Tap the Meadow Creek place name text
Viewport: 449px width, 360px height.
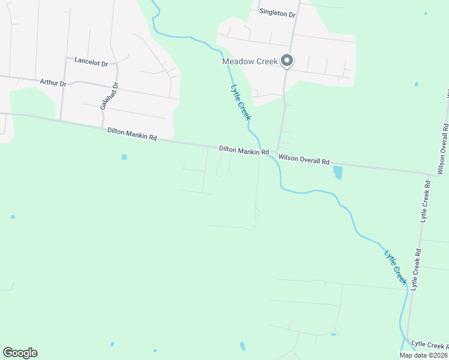(250, 61)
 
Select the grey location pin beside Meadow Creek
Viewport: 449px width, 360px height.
(287, 61)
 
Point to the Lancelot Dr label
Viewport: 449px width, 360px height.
(91, 61)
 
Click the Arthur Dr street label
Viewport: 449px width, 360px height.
(53, 82)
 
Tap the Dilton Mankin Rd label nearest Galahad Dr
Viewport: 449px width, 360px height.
(132, 134)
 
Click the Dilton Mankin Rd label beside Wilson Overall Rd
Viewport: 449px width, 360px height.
(244, 151)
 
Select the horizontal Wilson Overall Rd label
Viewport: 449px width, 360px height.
(304, 161)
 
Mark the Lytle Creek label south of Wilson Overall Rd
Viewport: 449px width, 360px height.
(396, 265)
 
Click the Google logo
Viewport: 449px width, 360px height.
(20, 353)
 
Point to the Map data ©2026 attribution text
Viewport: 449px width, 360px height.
(423, 355)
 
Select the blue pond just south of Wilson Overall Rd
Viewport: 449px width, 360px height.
(337, 173)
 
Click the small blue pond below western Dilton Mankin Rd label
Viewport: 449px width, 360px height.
(124, 157)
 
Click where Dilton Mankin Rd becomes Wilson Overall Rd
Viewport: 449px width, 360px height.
(274, 153)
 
